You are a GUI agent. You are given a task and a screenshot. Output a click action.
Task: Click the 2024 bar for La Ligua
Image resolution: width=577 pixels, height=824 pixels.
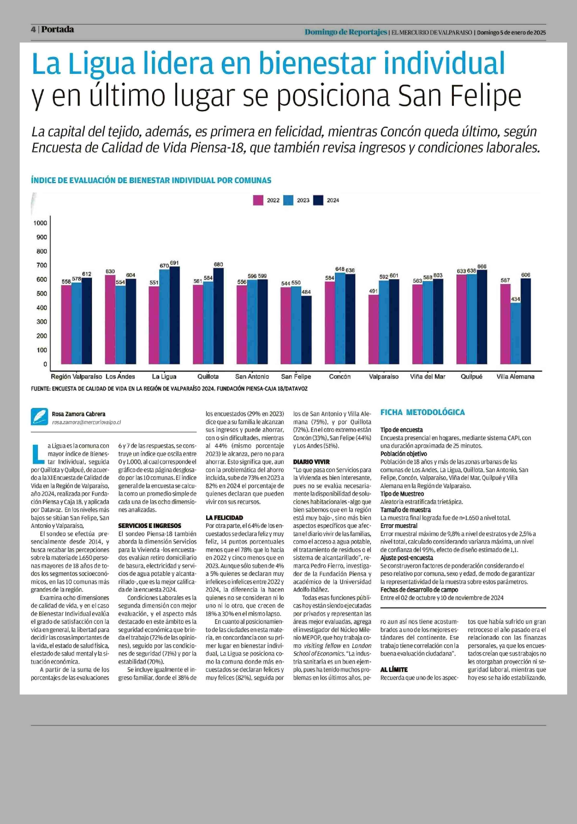point(175,315)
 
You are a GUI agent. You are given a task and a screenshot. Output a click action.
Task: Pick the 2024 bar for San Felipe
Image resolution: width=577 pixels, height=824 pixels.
point(306,329)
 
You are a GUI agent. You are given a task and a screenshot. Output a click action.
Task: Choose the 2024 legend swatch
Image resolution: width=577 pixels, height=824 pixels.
point(318,200)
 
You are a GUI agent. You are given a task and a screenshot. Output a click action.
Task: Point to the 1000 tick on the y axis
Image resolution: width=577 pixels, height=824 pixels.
point(40,223)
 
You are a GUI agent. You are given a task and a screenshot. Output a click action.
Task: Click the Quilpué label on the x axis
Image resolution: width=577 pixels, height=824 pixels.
point(471,376)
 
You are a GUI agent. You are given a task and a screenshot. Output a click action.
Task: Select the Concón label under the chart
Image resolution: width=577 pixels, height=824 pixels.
point(340,376)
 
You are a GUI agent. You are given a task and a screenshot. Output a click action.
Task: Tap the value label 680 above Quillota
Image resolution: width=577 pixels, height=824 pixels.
point(218,264)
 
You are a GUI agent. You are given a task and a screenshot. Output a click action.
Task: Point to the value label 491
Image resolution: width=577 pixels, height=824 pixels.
point(373,291)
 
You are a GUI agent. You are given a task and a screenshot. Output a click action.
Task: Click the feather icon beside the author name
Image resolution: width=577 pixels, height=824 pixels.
point(39,417)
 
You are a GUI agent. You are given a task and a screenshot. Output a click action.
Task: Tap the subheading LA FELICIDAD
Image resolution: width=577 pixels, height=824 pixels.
point(224,517)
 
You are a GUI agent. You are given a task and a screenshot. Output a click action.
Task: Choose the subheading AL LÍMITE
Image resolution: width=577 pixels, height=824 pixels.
point(394,669)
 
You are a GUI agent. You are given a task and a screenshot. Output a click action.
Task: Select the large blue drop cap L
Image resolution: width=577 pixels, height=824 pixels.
point(37,454)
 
